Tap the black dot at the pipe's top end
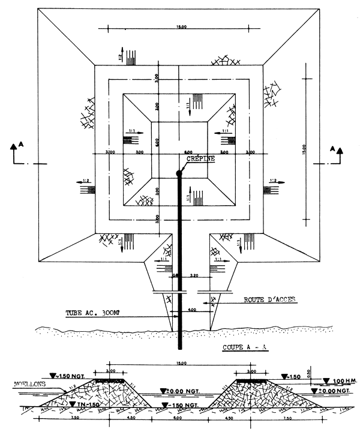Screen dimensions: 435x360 tap(179, 174)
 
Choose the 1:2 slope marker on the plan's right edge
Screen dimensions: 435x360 tap(272, 181)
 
